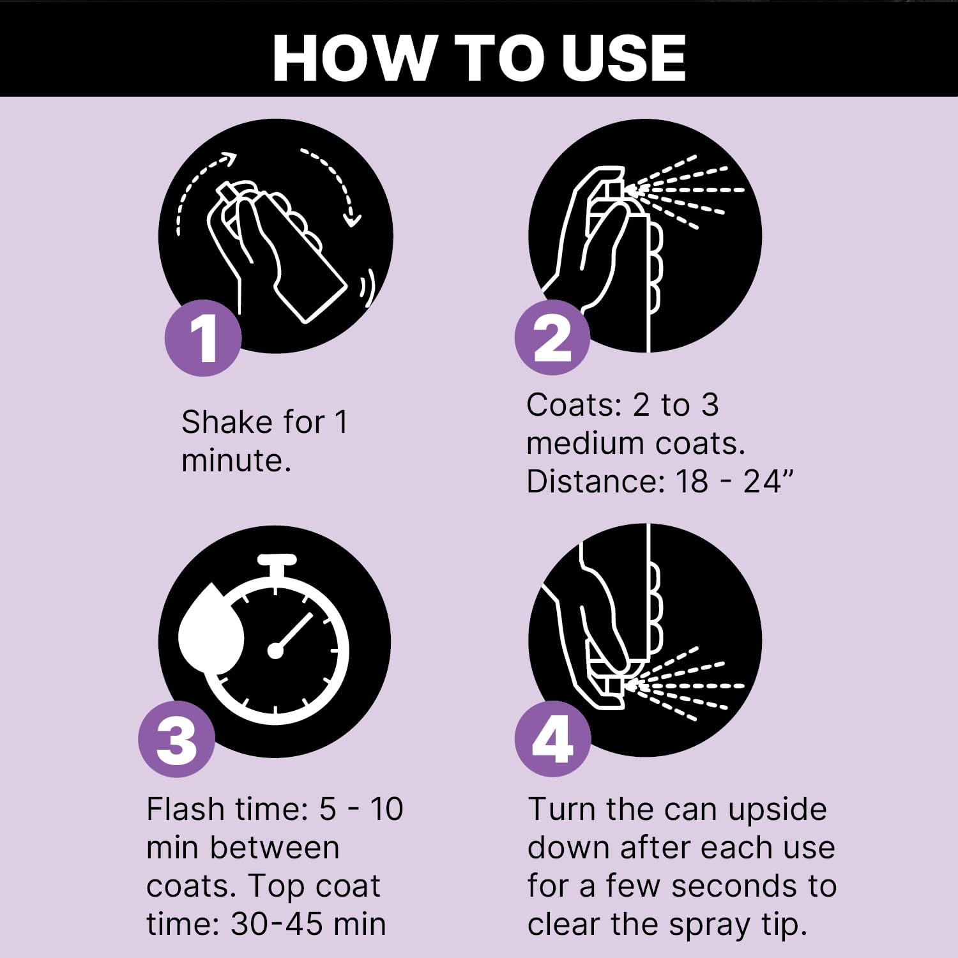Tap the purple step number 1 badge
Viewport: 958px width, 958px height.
tap(203, 337)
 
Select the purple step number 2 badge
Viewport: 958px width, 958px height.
tap(552, 337)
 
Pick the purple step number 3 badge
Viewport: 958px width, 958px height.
tap(176, 739)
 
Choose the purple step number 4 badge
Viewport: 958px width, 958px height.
tap(552, 739)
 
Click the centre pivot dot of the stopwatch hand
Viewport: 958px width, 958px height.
tap(275, 651)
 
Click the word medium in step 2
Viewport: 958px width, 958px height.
tap(586, 443)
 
